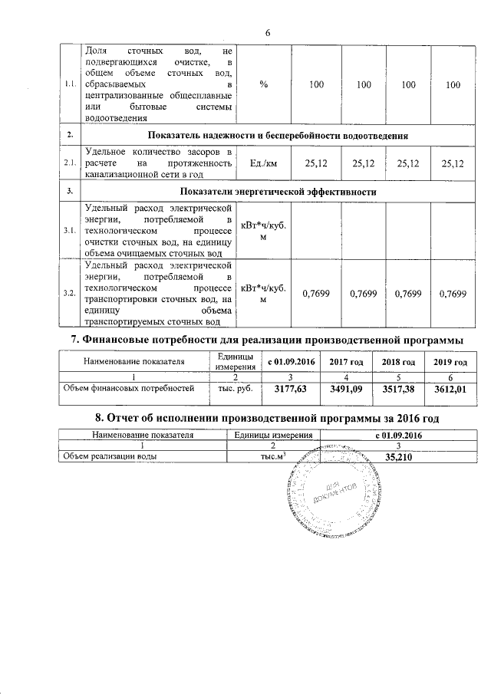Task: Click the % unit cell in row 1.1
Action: [263, 84]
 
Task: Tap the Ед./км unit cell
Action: [263, 163]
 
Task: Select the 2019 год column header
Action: [450, 361]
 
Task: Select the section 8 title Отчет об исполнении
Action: [265, 418]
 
